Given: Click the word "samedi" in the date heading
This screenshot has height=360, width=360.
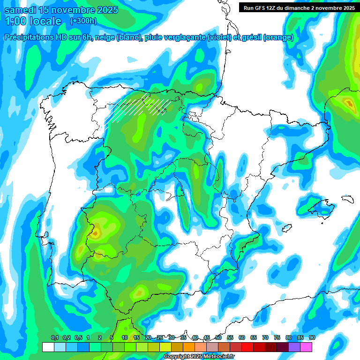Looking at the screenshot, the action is click(21, 10).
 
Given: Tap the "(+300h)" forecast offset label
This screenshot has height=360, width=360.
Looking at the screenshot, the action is click(83, 21).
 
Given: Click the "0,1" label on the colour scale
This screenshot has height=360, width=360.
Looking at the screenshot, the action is click(55, 338).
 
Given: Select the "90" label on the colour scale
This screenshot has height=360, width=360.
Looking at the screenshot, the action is click(312, 338).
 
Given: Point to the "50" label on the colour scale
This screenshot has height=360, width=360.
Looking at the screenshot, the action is click(218, 338).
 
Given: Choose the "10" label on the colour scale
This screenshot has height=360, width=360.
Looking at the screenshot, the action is click(125, 338).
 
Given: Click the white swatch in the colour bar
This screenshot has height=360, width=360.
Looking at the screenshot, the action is click(48, 347).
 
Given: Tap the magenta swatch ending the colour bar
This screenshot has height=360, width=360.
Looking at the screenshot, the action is click(306, 347).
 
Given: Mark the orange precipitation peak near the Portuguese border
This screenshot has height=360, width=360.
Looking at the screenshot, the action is click(95, 232).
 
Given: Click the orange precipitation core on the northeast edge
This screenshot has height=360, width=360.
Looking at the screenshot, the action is click(348, 102).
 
